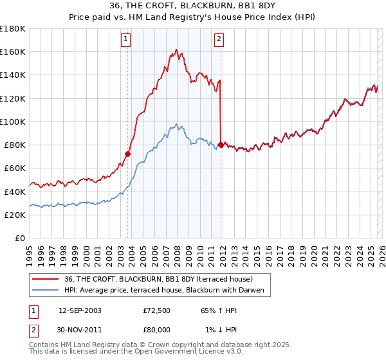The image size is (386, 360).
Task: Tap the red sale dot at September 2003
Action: pyautogui.click(x=128, y=154)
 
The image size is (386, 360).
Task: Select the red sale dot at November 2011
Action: pyautogui.click(x=221, y=145)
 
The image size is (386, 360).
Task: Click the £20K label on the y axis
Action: pyautogui.click(x=15, y=215)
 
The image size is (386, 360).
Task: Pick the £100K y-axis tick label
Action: pyautogui.click(x=14, y=122)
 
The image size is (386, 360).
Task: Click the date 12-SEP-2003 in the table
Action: pyautogui.click(x=80, y=310)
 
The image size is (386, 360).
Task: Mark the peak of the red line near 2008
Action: pyautogui.click(x=176, y=49)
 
